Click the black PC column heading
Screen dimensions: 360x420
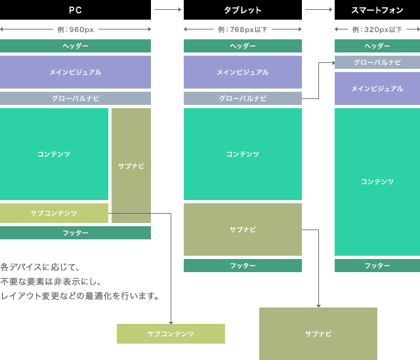pyautogui.click(x=75, y=10)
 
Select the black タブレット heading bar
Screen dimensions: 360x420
pyautogui.click(x=243, y=10)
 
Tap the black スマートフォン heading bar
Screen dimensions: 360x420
pyautogui.click(x=377, y=10)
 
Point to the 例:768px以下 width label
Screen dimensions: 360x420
pyautogui.click(x=242, y=30)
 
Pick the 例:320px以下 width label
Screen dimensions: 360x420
pyautogui.click(x=377, y=30)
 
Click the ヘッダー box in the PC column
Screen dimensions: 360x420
pyautogui.click(x=75, y=46)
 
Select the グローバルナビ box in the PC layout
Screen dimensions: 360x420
pyautogui.click(x=75, y=98)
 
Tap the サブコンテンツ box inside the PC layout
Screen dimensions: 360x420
pyautogui.click(x=54, y=213)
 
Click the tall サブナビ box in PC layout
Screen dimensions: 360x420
pyautogui.click(x=131, y=165)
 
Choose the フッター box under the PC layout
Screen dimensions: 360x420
pyautogui.click(x=75, y=233)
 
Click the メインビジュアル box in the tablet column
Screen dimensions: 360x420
pyautogui.click(x=243, y=72)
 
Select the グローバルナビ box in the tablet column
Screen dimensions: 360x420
pyautogui.click(x=243, y=98)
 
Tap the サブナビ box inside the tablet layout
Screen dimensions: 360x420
pyautogui.click(x=243, y=230)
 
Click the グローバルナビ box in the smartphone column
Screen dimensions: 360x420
pyautogui.click(x=377, y=62)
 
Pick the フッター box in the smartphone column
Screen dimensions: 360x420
pyautogui.click(x=377, y=266)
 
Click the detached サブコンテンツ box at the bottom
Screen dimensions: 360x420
pyautogui.click(x=171, y=334)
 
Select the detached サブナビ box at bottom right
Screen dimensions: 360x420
pyautogui.click(x=318, y=334)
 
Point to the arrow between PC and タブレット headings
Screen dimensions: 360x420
pyautogui.click(x=167, y=10)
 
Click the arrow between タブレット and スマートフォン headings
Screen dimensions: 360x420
pyautogui.click(x=318, y=10)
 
